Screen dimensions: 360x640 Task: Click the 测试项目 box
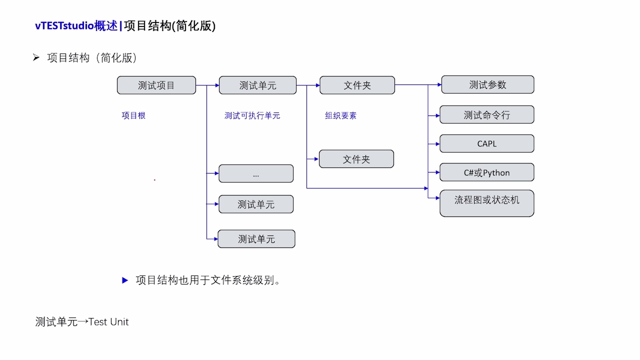click(x=156, y=85)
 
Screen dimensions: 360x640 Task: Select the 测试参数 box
click(x=487, y=85)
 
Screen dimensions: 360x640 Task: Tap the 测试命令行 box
click(x=487, y=115)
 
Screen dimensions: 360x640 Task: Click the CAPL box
click(x=487, y=144)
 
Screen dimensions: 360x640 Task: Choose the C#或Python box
click(x=487, y=172)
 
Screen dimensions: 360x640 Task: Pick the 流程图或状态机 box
click(x=487, y=203)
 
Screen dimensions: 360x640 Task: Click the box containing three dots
click(x=256, y=174)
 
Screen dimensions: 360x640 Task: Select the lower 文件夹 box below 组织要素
click(x=356, y=159)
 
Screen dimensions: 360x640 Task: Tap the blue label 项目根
click(x=133, y=116)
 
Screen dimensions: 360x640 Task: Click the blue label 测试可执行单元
click(x=252, y=116)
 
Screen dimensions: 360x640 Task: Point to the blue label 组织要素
click(x=340, y=116)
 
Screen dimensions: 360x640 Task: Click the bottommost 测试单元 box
click(x=256, y=239)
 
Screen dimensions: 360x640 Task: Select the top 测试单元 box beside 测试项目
click(x=257, y=85)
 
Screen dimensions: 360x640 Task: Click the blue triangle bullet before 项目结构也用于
click(x=125, y=280)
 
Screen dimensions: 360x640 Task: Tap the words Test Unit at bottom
click(x=109, y=322)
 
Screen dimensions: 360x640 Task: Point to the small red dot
click(x=155, y=180)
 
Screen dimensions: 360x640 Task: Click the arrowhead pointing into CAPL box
click(x=438, y=144)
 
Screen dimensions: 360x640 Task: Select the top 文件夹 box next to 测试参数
click(x=357, y=85)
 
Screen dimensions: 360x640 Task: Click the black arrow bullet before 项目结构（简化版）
click(x=36, y=58)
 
